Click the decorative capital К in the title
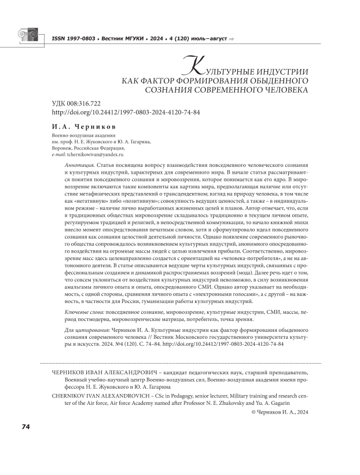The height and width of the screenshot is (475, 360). (x=191, y=65)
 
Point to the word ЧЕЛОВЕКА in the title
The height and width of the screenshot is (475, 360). (x=283, y=90)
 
